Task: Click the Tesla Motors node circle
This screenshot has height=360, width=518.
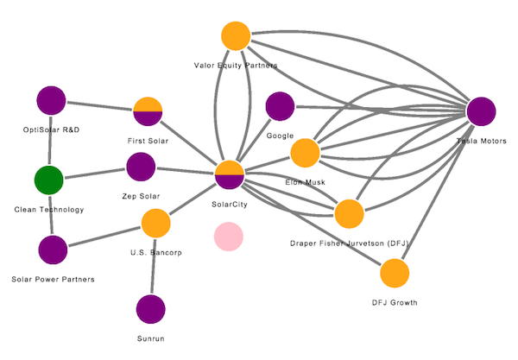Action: [x=481, y=112]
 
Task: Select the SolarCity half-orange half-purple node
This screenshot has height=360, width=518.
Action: [x=230, y=174]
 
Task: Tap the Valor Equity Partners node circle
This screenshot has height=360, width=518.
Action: [x=235, y=36]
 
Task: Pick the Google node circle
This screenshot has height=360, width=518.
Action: [x=280, y=106]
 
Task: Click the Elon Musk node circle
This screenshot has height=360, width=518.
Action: [x=305, y=153]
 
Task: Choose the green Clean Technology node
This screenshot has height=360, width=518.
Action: [x=49, y=181]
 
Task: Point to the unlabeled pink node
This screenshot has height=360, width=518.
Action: [x=229, y=236]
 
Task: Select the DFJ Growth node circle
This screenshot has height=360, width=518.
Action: [x=394, y=274]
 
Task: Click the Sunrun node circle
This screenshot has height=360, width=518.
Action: [x=151, y=308]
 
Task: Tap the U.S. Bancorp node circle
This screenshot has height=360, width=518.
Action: [x=155, y=224]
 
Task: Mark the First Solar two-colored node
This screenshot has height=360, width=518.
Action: [x=148, y=111]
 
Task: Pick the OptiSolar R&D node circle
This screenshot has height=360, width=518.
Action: [x=51, y=101]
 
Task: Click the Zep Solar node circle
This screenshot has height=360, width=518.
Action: [x=140, y=167]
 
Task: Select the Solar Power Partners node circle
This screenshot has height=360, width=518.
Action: [x=53, y=250]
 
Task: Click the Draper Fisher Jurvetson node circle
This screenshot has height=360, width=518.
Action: [x=349, y=214]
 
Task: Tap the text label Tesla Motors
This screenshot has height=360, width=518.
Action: [x=481, y=141]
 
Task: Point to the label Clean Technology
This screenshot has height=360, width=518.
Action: [x=49, y=210]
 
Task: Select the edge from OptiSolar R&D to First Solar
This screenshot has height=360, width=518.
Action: [x=99, y=106]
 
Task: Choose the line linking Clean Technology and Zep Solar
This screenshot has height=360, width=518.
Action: [x=95, y=174]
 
